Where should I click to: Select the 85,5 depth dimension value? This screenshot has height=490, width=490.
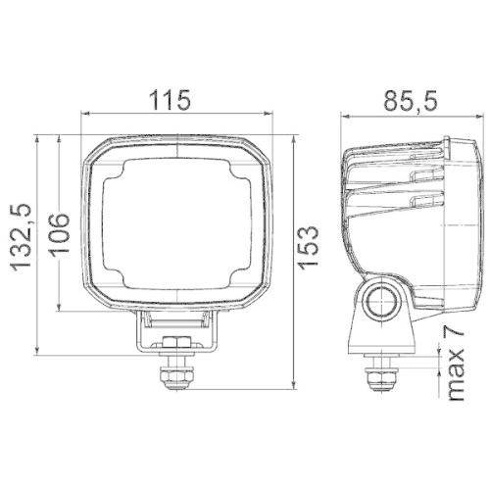[410, 100]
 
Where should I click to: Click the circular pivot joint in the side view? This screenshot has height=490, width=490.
[379, 301]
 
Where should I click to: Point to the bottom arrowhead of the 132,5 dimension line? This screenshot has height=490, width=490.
[36, 350]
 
